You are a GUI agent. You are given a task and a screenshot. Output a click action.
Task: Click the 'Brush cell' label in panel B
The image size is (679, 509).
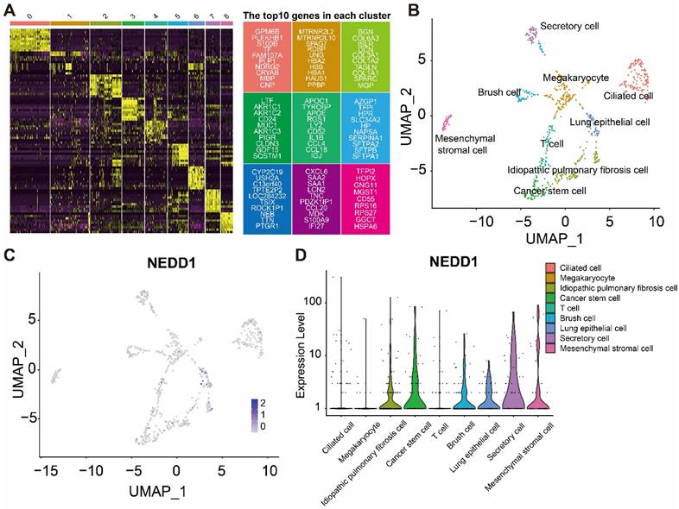coord(498,91)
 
